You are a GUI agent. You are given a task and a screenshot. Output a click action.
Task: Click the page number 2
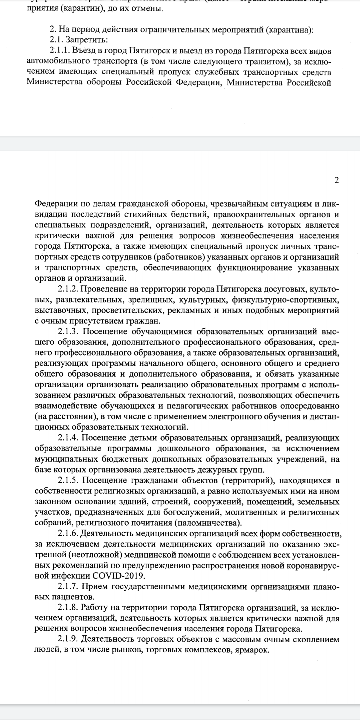tap(336, 180)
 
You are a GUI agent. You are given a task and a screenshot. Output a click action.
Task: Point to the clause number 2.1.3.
tap(68, 332)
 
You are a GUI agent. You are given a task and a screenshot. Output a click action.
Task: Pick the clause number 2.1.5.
tap(68, 481)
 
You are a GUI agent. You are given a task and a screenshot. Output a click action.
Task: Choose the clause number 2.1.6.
tap(68, 534)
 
